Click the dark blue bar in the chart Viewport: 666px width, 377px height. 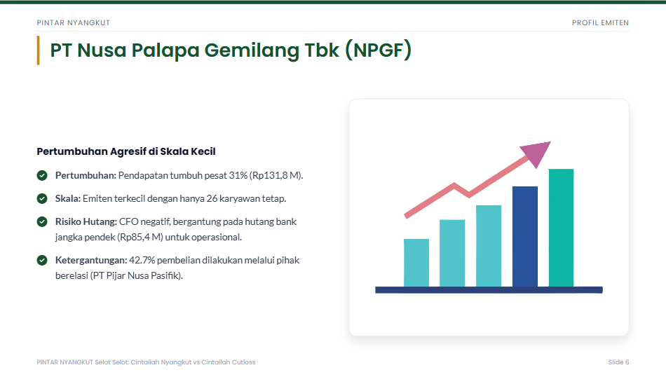click(525, 236)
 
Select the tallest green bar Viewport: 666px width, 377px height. click(561, 228)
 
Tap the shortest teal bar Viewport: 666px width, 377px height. click(416, 263)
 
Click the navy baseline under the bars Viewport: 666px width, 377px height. click(489, 290)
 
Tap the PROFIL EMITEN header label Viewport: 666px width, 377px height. click(600, 23)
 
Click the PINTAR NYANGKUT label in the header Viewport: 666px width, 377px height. click(74, 23)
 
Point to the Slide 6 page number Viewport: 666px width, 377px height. click(618, 362)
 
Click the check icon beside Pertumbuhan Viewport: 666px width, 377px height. click(42, 175)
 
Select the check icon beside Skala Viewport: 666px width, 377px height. click(42, 198)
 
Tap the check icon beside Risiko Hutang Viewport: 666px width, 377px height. click(42, 221)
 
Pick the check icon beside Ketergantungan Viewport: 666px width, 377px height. click(42, 260)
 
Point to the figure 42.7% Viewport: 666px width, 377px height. click(142, 260)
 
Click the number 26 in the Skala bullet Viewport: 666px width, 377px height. click(212, 198)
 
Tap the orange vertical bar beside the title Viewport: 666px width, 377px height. click(39, 50)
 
